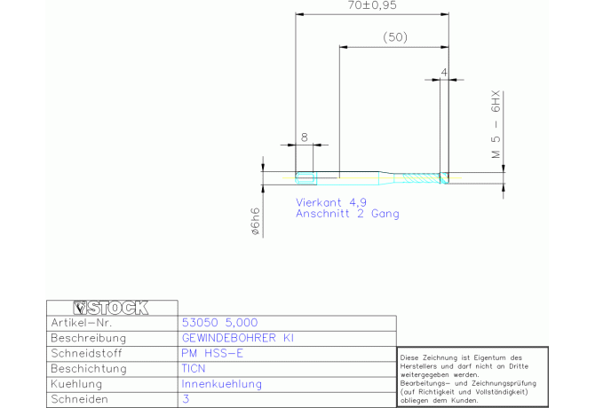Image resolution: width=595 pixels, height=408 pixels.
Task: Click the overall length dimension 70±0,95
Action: pyautogui.click(x=372, y=5)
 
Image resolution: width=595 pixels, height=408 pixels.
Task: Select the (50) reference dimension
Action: pyautogui.click(x=395, y=37)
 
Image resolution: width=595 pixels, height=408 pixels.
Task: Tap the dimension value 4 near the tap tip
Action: pyautogui.click(x=444, y=72)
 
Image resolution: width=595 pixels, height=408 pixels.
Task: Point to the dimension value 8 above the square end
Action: pyautogui.click(x=305, y=137)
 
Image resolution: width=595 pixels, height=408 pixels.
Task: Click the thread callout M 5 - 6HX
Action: pyautogui.click(x=496, y=124)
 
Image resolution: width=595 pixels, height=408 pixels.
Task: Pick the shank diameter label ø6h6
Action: pyautogui.click(x=256, y=221)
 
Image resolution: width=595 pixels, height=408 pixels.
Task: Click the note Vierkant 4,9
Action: pyautogui.click(x=331, y=203)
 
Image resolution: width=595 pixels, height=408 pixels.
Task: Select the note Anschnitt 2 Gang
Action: pyautogui.click(x=347, y=214)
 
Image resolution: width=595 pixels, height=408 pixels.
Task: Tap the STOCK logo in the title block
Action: pyautogui.click(x=111, y=308)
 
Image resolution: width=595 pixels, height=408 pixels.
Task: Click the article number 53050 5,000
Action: pyautogui.click(x=219, y=323)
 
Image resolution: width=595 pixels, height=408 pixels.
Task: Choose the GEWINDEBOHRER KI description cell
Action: pyautogui.click(x=238, y=338)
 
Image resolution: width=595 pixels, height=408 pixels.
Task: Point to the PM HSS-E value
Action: pyautogui.click(x=212, y=353)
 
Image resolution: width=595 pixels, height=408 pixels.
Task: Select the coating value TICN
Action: pyautogui.click(x=193, y=369)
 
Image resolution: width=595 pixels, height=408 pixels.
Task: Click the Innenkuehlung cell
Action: pyautogui.click(x=222, y=384)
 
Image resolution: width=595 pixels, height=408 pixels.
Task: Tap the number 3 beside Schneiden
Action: pyautogui.click(x=186, y=399)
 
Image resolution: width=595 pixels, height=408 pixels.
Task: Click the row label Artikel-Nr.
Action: pyautogui.click(x=82, y=323)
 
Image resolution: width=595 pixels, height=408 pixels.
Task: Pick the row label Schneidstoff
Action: pyautogui.click(x=86, y=353)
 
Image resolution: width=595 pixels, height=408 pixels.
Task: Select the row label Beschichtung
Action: pyautogui.click(x=89, y=369)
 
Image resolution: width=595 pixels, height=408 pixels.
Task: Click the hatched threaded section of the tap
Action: pyautogui.click(x=421, y=177)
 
